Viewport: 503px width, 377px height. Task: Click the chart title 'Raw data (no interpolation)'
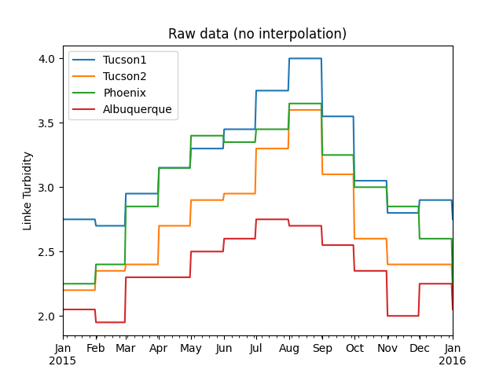[257, 34]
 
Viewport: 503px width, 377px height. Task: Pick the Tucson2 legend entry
[124, 77]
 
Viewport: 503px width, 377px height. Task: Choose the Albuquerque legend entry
[137, 110]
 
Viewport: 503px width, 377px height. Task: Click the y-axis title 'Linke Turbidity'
[28, 191]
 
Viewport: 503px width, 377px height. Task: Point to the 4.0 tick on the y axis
[46, 59]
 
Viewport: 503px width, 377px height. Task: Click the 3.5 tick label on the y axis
[46, 123]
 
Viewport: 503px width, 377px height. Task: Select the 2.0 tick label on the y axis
[46, 317]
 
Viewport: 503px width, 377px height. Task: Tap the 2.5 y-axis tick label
[46, 252]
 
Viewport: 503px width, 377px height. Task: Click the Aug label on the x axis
[288, 349]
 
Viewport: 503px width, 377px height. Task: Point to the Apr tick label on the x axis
[158, 349]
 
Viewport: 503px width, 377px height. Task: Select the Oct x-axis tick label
[354, 349]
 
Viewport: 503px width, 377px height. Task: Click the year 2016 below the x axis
[453, 361]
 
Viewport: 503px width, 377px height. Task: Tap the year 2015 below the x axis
[64, 361]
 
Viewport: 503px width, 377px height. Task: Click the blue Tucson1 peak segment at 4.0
[305, 58]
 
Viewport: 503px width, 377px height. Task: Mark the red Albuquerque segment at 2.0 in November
[402, 316]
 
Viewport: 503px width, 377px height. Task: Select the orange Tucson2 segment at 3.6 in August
[305, 110]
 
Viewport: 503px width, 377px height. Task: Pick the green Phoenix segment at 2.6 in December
[435, 239]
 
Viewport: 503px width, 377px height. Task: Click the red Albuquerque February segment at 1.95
[110, 322]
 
